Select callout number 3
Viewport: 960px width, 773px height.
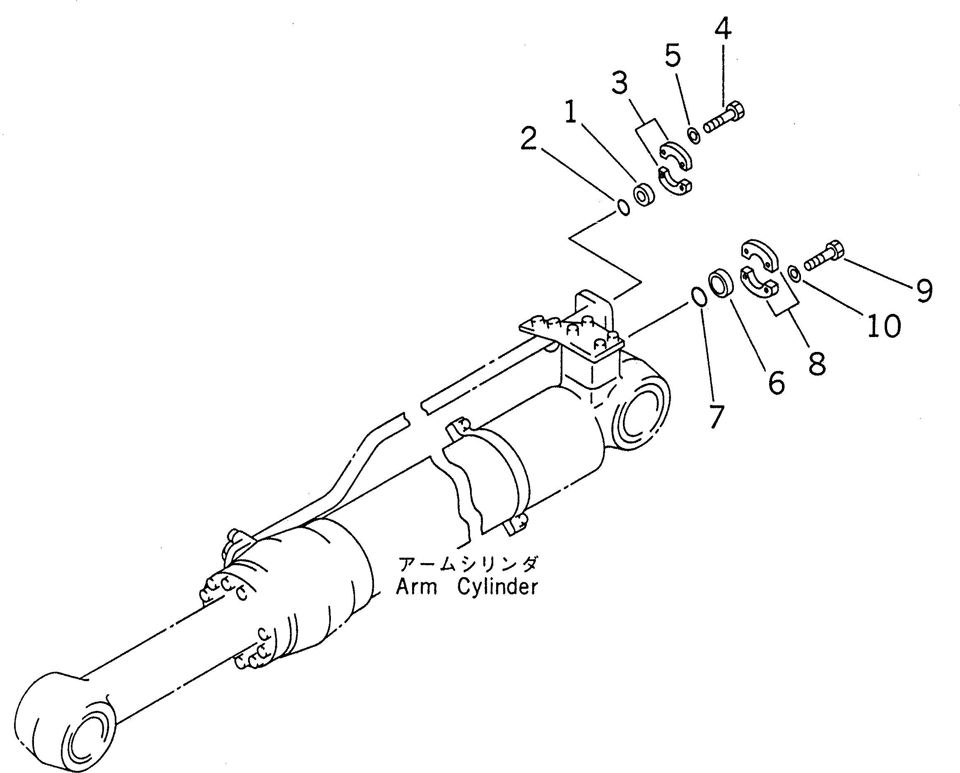[x=620, y=83]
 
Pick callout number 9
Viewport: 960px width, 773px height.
[x=924, y=290]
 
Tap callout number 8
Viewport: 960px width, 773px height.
[x=817, y=364]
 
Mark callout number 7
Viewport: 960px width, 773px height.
[x=716, y=417]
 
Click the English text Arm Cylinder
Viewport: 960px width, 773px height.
[x=467, y=588]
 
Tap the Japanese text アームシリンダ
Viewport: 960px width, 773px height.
[x=468, y=565]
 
